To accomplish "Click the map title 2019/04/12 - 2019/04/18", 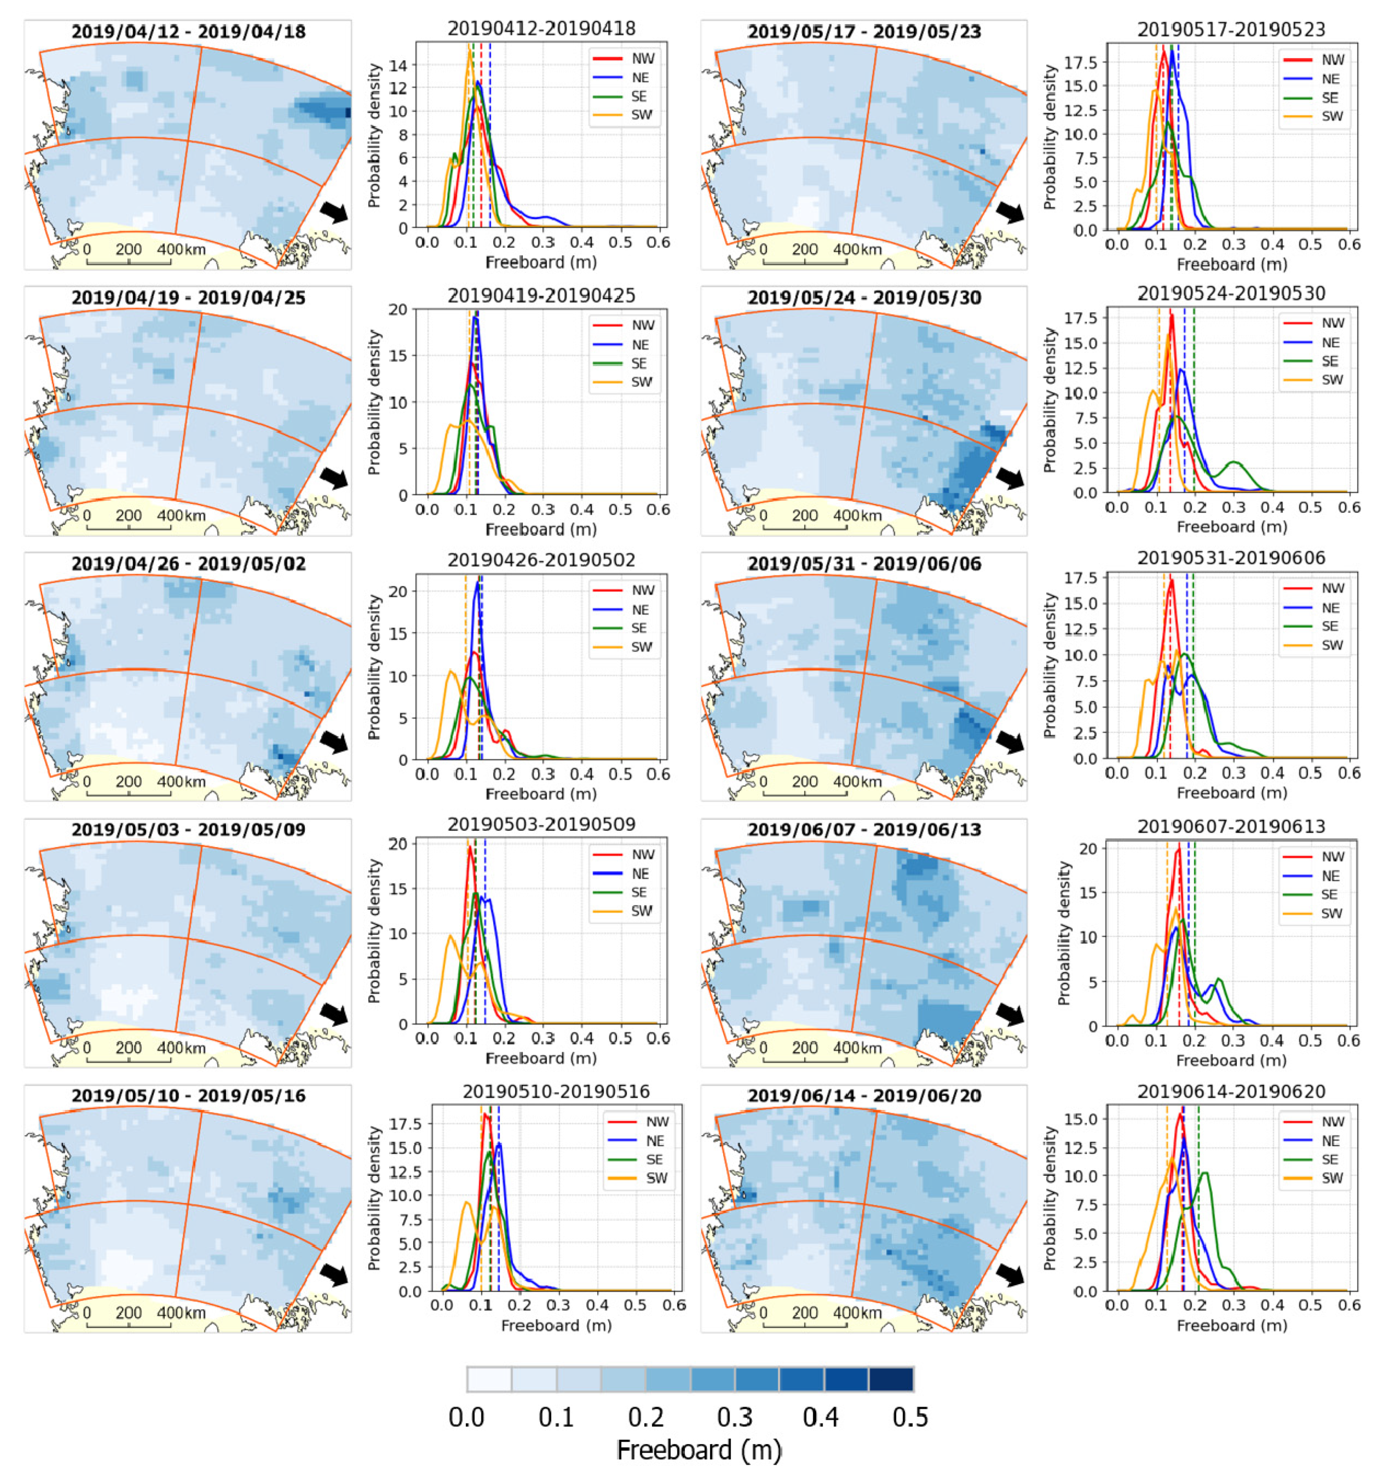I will (x=188, y=32).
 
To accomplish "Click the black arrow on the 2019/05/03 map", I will (x=333, y=1013).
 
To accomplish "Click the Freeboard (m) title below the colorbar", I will (x=699, y=1450).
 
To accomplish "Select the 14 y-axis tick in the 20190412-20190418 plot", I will (x=398, y=65).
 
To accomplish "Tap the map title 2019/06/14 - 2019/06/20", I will (x=864, y=1096).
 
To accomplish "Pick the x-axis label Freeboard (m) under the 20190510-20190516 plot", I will (x=557, y=1326).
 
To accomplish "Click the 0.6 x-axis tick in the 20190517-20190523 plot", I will (x=1348, y=245).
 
